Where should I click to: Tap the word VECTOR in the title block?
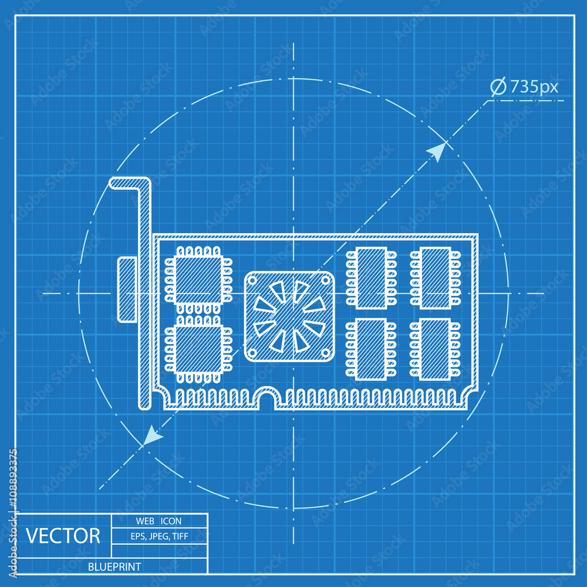[63, 536]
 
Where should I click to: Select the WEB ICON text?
[158, 521]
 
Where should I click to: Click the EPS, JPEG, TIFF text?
[160, 537]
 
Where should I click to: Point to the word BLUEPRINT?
[114, 567]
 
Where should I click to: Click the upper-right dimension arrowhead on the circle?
[437, 151]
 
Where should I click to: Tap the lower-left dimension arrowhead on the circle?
[152, 436]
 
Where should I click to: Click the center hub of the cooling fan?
[289, 316]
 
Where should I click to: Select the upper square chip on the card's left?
[198, 279]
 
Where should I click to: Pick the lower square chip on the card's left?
[198, 350]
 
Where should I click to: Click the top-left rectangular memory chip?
[372, 278]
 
